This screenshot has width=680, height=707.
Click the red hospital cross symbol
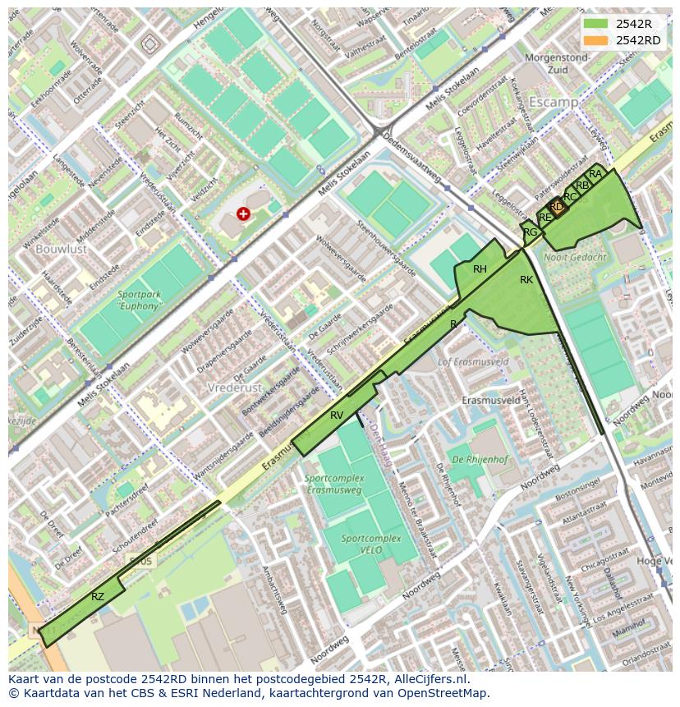coord(243,213)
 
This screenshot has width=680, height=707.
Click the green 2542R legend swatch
coord(597,25)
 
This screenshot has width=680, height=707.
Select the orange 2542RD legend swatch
coord(597,40)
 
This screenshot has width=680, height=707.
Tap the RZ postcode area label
coord(98,597)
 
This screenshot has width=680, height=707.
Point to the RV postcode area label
coord(337,415)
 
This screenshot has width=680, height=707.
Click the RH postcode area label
coord(480,269)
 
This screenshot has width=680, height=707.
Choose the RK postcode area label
coord(526,281)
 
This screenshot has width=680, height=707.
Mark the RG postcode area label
coord(531,232)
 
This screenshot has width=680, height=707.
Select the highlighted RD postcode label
coord(556,207)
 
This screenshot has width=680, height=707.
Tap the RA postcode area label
coord(595,174)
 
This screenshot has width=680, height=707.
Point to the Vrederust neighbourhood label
coord(234,388)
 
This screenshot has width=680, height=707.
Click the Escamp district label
coord(554,102)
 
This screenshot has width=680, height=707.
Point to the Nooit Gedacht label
coord(575,257)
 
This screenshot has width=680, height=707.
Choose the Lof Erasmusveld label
coord(473,361)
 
